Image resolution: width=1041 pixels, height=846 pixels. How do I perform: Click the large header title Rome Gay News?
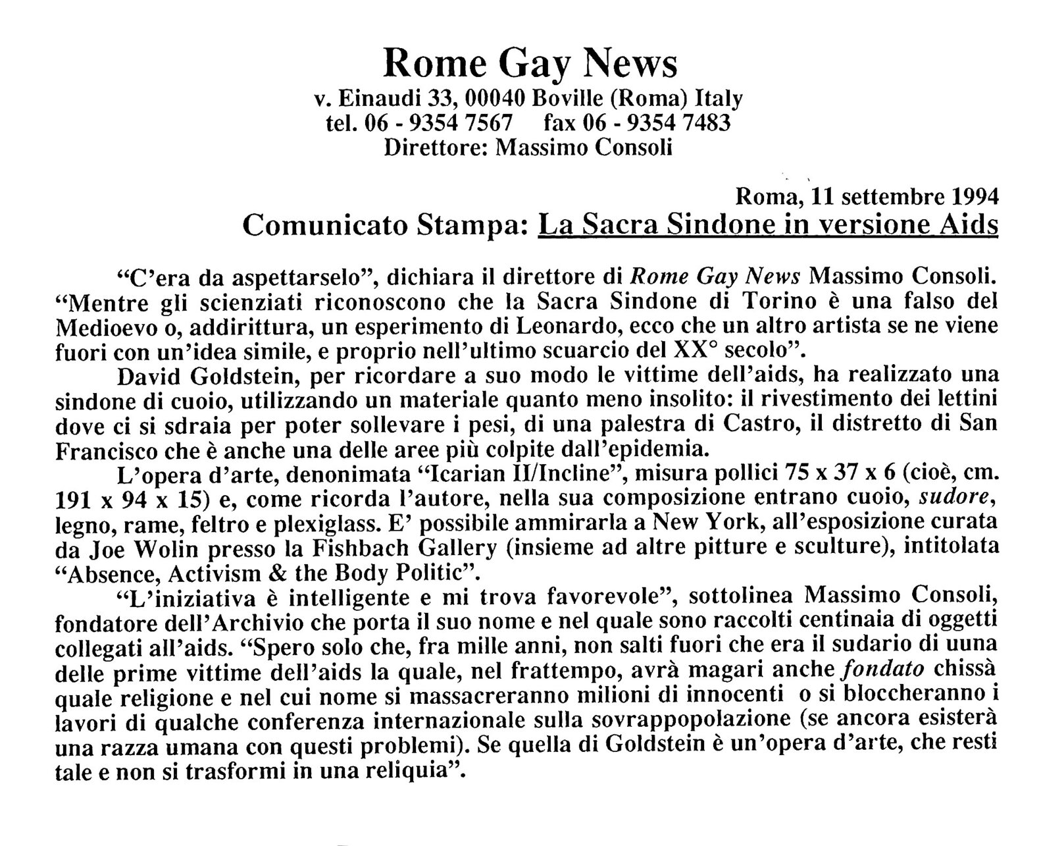pos(530,64)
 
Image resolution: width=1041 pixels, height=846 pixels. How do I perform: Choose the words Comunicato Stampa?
pos(383,225)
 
